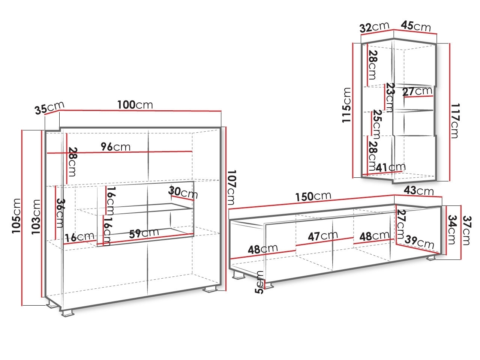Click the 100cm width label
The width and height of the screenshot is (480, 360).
coord(135,105)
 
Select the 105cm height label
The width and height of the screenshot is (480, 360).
coord(16,216)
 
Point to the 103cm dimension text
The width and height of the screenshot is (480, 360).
coord(36,217)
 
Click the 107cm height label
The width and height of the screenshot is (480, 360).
coord(231,187)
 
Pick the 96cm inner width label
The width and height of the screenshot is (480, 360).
coord(115,147)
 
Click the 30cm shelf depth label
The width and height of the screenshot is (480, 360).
coord(183,192)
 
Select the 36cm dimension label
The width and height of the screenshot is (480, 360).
coord(60,213)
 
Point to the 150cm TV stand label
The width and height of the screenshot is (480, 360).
coord(313,196)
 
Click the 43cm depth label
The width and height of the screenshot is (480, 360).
coord(418,190)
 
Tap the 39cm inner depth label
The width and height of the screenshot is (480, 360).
coord(419,242)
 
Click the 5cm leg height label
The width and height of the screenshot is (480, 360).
coord(259,282)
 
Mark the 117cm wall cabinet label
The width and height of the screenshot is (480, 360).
coord(455,121)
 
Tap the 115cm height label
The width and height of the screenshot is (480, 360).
coord(346,105)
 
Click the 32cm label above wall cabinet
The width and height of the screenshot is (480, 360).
coord(375,27)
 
